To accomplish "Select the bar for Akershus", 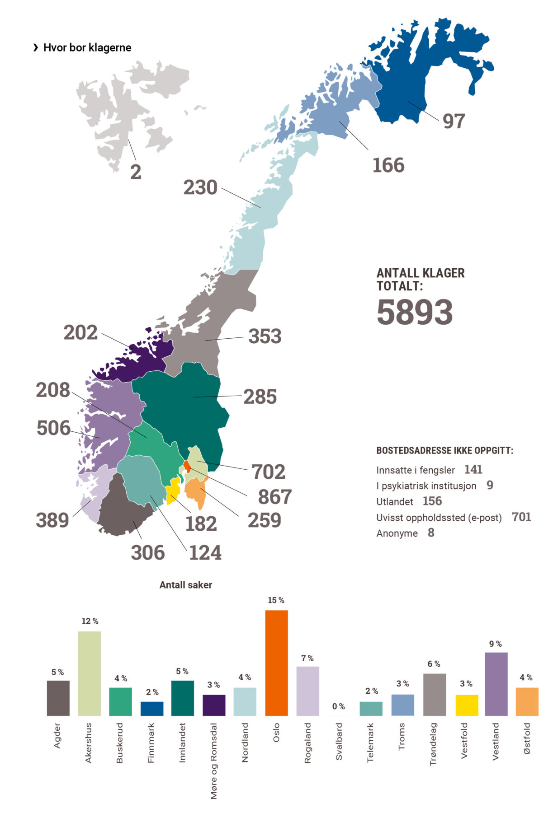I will (x=89, y=673).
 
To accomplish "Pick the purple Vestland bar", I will (x=496, y=683).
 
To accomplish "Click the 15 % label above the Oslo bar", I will (x=276, y=600).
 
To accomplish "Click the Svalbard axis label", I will (x=339, y=741).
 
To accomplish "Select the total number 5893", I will (x=414, y=312).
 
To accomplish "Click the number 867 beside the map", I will (x=274, y=497).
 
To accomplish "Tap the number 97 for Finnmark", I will (x=453, y=121).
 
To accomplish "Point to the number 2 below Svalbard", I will (x=136, y=172).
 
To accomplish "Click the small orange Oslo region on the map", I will (x=187, y=467).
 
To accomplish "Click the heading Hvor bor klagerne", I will (x=87, y=48).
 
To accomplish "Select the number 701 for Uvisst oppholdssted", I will (x=521, y=517).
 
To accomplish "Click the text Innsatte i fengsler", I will (x=415, y=470).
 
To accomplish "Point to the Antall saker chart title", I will (x=185, y=585).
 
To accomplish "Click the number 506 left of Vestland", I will (x=53, y=428).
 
